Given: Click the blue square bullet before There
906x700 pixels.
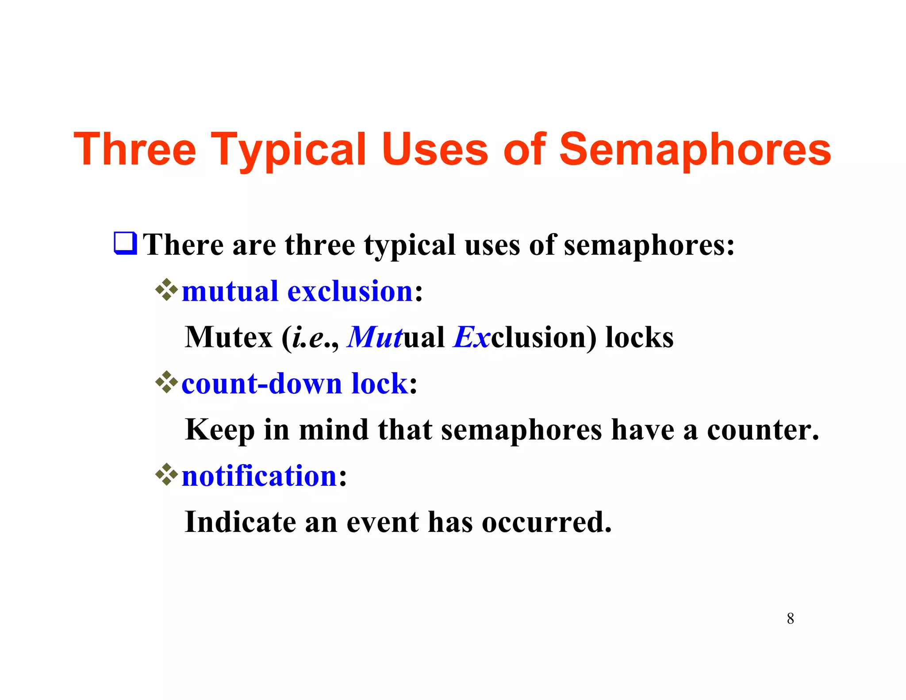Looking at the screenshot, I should [x=125, y=243].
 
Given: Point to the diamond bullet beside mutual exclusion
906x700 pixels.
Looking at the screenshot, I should [x=166, y=290].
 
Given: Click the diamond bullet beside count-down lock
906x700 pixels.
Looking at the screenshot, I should [x=166, y=382].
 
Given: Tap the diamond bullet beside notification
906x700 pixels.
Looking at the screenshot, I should [x=166, y=475].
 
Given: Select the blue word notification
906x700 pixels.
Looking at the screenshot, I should [x=260, y=476].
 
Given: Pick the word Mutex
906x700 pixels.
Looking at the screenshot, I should [x=228, y=337].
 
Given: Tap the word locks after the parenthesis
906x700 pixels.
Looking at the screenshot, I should [x=639, y=337].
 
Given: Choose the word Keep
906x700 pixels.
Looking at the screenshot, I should [x=220, y=430].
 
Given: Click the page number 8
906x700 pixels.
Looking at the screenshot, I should [x=790, y=619].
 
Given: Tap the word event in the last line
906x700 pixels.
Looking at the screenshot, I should [x=382, y=522].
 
